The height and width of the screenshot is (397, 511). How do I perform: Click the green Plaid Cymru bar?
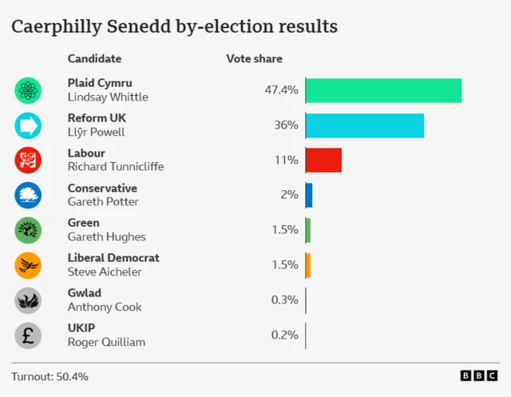pos(383,90)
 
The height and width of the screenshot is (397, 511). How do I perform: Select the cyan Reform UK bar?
pos(364,125)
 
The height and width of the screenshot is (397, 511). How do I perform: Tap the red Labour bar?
pos(323,160)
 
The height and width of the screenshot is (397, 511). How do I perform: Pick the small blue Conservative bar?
pos(308,195)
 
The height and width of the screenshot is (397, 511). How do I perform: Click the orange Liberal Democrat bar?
pos(307,265)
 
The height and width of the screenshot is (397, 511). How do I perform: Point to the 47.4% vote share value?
pos(281,90)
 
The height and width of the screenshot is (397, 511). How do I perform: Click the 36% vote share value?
pos(286,125)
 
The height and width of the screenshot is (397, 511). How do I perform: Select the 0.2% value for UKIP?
pos(284,335)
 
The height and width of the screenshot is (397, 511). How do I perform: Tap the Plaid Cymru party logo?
pos(28,90)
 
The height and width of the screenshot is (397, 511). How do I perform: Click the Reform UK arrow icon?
pos(28,125)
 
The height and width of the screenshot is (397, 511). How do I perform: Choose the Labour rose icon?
pos(28,160)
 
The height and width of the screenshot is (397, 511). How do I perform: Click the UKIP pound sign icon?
pos(28,335)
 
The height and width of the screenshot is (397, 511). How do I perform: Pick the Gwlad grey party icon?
pos(28,300)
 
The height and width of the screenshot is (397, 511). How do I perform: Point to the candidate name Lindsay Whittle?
pos(108,97)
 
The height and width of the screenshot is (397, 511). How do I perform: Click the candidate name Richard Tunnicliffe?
pos(116,167)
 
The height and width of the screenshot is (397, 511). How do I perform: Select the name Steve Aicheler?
pos(105,272)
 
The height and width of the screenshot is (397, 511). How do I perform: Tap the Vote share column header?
pos(254,59)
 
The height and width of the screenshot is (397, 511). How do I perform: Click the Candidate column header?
pos(94,59)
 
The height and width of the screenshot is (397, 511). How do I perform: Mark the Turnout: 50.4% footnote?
pos(50,376)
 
